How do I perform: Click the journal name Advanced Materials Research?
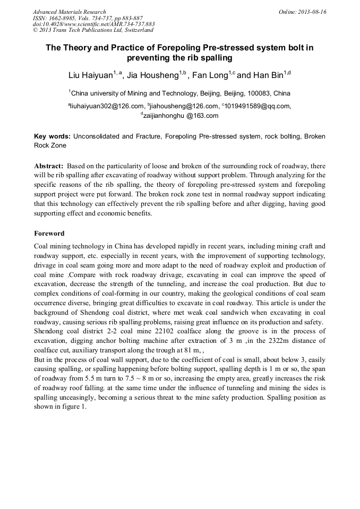click(69, 12)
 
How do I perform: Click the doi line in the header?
click(93, 24)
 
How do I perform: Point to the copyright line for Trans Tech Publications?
click(93, 30)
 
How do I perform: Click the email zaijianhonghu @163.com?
click(181, 116)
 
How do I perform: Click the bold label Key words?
click(53, 136)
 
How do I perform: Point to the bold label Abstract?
click(49, 166)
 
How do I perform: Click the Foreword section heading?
click(49, 233)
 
